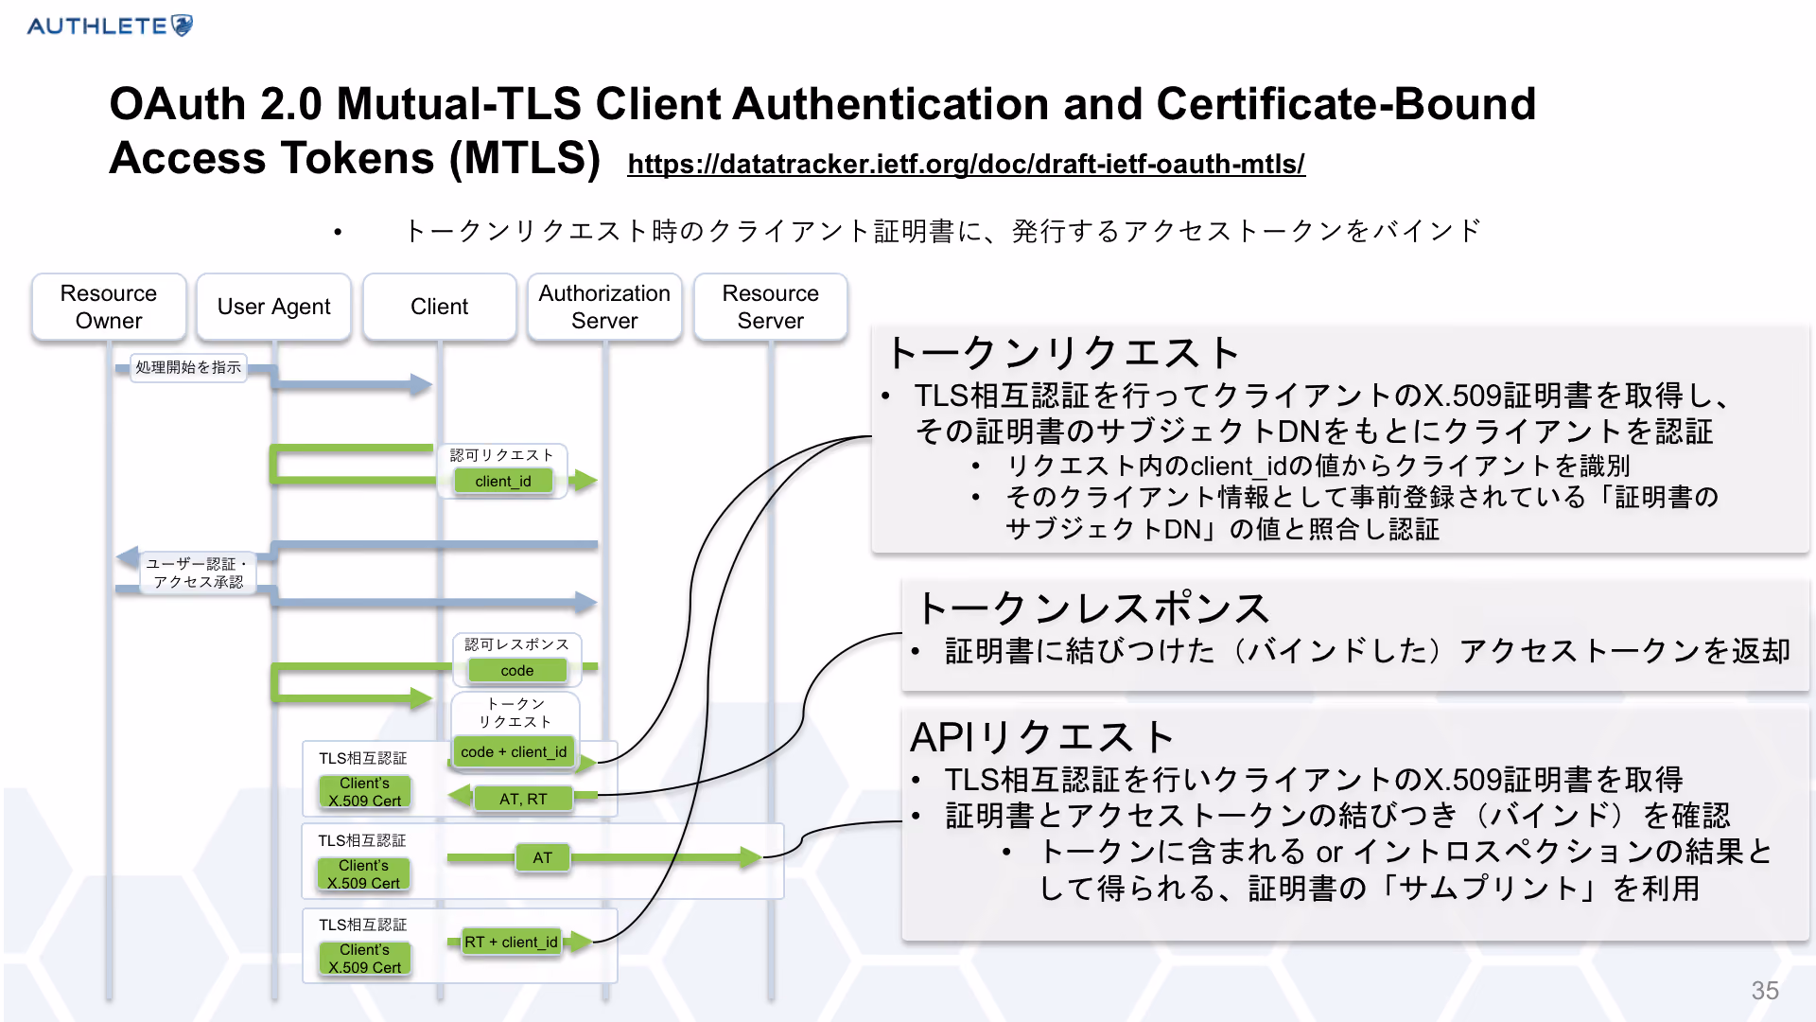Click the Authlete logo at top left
click(x=110, y=26)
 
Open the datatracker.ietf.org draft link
click(x=966, y=164)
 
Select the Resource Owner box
click(x=109, y=307)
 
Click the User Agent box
click(x=273, y=307)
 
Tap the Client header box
click(x=439, y=307)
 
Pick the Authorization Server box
click(x=604, y=307)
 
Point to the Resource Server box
click(x=770, y=307)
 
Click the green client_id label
click(x=503, y=481)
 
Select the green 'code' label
click(x=516, y=670)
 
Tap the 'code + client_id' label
click(x=514, y=751)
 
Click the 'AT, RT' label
click(x=523, y=799)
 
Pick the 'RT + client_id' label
click(x=511, y=942)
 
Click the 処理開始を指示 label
click(x=188, y=367)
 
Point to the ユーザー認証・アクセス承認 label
click(x=198, y=573)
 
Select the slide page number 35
click(x=1765, y=990)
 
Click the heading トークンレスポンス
click(x=1092, y=608)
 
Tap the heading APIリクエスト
click(x=1041, y=736)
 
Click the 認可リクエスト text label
click(x=501, y=455)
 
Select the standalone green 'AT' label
click(x=542, y=857)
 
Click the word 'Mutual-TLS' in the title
click(x=459, y=103)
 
